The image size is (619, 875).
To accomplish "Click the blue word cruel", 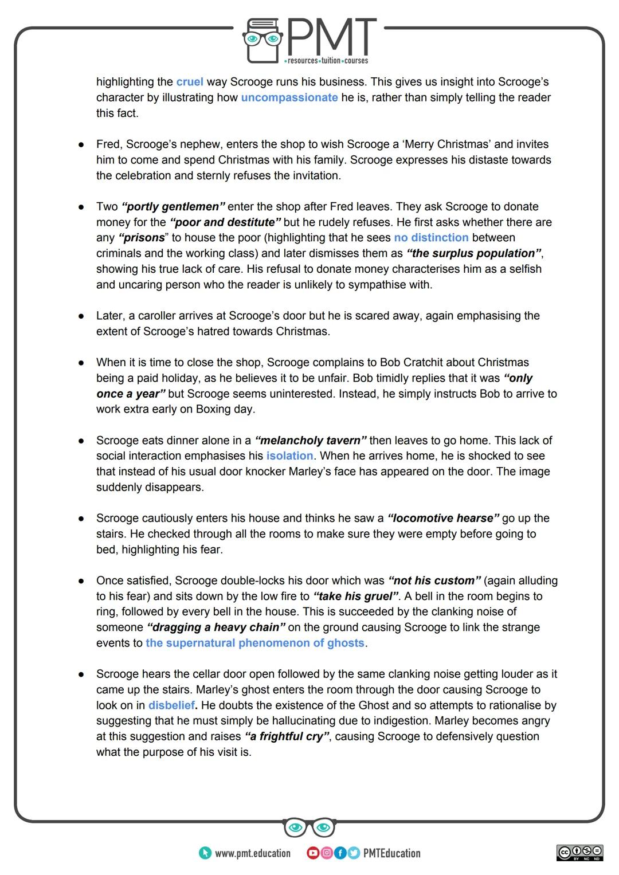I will coord(190,82).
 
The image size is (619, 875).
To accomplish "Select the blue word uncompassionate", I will coord(289,97).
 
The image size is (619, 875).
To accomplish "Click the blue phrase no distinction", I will coord(431,237).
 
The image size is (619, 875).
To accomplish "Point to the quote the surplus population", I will coord(474,253).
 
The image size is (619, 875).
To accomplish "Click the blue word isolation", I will coord(289,456).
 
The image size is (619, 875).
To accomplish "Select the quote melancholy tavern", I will coord(311,441).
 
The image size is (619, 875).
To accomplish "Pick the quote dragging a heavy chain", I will coord(216,627).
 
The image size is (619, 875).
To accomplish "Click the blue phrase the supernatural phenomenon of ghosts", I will coord(255,643).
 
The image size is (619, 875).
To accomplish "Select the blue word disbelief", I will coord(171,705).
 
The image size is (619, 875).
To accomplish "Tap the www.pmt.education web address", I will coord(252,853).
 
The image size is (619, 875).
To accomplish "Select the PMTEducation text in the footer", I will coord(391,853).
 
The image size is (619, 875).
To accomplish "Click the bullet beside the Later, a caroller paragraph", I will coord(82,316).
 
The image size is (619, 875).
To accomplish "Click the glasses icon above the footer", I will coord(309,827).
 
